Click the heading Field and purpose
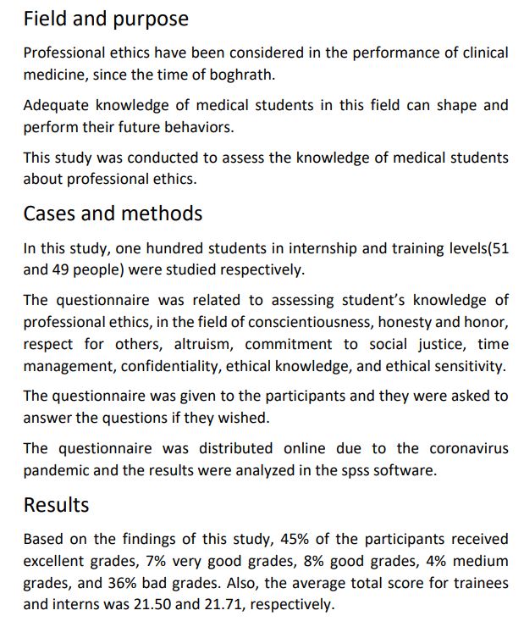(x=106, y=18)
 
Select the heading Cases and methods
(x=113, y=213)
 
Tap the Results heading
(x=56, y=505)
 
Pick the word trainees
(x=479, y=583)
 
